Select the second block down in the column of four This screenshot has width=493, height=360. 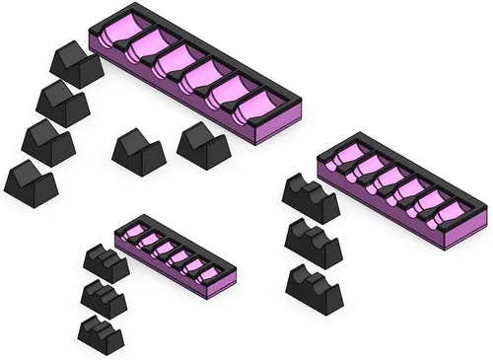63,103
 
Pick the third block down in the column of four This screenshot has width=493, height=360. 48,142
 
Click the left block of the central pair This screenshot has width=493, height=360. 137,153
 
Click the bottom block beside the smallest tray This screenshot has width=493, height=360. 102,333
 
